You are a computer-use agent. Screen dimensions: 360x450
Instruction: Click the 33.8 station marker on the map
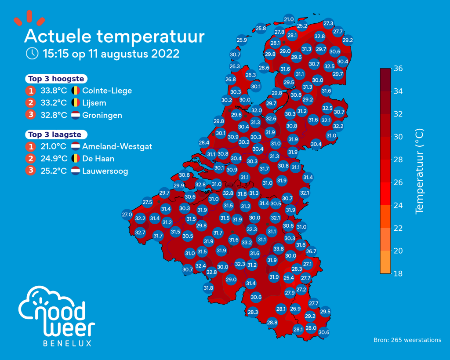pos(279,249)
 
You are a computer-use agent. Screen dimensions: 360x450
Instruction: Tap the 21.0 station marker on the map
pos(289,19)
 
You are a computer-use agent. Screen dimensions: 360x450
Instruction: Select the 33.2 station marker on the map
pos(247,242)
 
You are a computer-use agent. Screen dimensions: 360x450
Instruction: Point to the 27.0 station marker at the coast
pos(127,215)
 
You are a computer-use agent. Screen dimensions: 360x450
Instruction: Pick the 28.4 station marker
pos(204,142)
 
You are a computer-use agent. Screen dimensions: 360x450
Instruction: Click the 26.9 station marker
pos(296,309)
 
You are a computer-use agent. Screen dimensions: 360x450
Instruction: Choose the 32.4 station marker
pos(201,265)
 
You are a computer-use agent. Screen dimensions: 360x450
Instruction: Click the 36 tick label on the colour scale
pos(398,69)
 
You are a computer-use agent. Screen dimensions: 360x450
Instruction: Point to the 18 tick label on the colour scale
pos(398,273)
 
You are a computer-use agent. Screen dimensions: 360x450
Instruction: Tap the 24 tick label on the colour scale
pos(398,205)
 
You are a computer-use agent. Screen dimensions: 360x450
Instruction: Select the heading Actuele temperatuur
pos(114,36)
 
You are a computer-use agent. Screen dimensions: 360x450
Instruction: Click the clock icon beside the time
pos(32,54)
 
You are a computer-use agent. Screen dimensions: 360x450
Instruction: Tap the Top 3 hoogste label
pos(56,79)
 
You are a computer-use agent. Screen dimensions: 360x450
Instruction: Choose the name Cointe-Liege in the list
pos(107,91)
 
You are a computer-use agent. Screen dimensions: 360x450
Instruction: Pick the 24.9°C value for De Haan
pos(54,159)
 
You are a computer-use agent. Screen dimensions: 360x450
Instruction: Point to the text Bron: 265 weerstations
pos(407,340)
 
